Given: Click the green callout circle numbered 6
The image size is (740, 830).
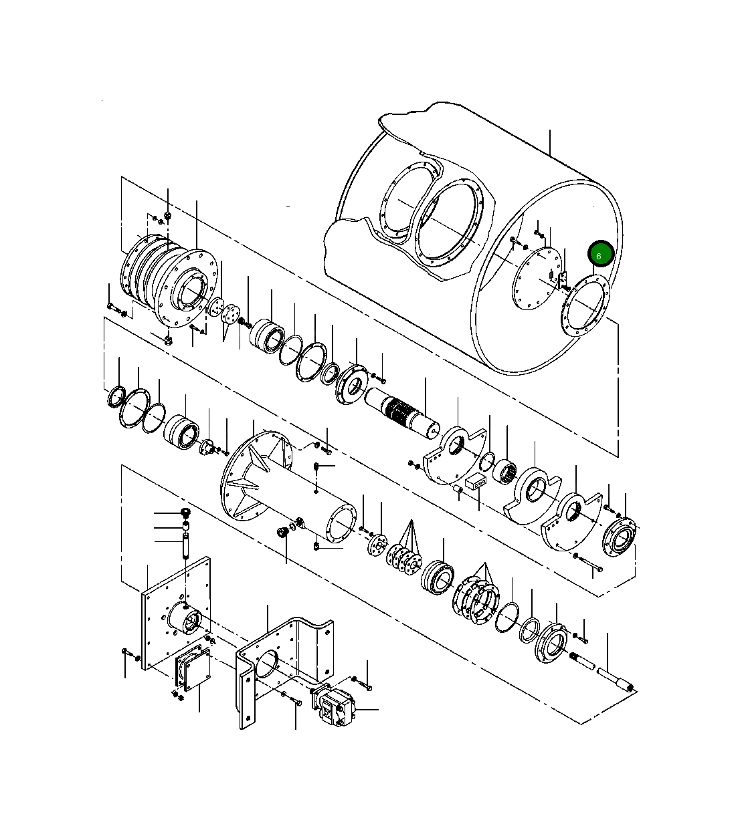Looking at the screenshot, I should [600, 255].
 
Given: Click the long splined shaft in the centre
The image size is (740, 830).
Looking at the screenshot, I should [401, 411].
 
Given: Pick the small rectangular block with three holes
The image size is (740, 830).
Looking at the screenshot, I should [474, 482].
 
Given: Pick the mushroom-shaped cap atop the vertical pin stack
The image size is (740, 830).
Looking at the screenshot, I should [187, 513].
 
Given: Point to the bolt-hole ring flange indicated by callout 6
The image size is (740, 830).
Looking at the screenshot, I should [585, 305].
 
